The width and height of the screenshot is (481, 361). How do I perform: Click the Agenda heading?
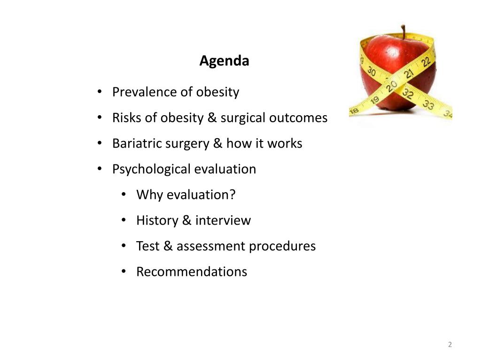(224, 61)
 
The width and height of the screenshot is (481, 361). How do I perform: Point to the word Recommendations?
(192, 272)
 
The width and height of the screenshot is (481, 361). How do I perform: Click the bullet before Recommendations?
(123, 272)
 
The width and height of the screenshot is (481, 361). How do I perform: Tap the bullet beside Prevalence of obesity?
(99, 92)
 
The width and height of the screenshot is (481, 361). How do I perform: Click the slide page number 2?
(450, 345)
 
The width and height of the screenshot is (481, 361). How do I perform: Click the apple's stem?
(403, 32)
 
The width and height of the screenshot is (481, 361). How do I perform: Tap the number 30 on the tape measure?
(371, 72)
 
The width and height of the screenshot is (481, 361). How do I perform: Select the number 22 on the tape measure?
(426, 62)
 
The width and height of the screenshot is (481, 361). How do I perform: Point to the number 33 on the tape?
(428, 104)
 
